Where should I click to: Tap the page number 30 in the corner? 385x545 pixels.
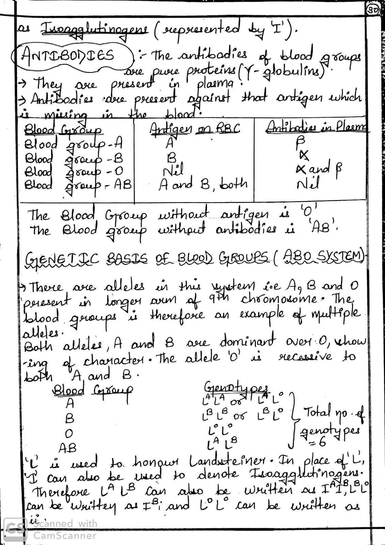click(373, 11)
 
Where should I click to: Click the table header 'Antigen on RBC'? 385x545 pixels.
click(195, 129)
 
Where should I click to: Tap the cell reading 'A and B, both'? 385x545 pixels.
click(203, 184)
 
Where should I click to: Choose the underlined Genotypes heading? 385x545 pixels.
click(235, 387)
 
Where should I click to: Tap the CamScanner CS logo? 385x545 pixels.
click(15, 529)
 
